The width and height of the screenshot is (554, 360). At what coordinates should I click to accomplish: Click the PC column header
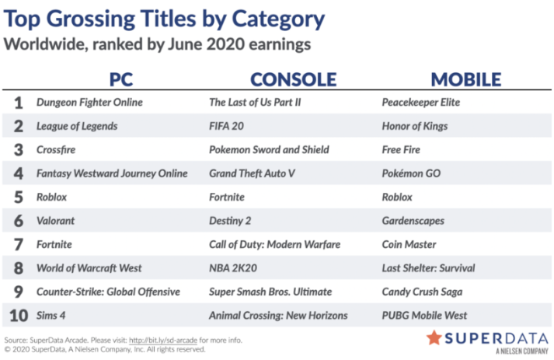[x=121, y=79]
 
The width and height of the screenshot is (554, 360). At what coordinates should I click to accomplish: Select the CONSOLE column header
[x=293, y=79]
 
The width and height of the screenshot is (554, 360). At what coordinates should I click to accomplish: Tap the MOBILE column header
[x=466, y=79]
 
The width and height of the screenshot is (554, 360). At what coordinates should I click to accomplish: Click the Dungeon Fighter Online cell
[x=89, y=102]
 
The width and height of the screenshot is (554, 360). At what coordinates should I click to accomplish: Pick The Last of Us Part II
[x=255, y=102]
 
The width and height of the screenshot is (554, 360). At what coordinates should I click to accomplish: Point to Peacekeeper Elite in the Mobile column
[x=421, y=102]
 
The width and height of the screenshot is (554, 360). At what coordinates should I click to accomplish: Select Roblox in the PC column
[x=51, y=197]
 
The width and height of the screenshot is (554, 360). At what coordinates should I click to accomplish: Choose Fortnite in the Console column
[x=227, y=197]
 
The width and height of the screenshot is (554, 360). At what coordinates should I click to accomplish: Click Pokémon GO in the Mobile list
[x=411, y=173]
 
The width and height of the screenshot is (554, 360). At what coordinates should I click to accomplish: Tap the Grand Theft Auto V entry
[x=252, y=173]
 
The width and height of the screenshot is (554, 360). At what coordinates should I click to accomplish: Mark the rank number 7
[x=19, y=244]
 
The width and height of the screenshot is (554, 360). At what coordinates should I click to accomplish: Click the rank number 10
[x=19, y=316]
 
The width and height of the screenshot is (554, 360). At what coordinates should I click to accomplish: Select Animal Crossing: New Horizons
[x=278, y=316]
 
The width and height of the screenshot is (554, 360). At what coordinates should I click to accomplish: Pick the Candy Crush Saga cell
[x=422, y=292]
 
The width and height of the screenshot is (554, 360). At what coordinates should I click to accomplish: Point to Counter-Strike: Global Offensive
[x=109, y=292]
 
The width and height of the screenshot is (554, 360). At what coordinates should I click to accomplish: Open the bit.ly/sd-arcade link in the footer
[x=163, y=341]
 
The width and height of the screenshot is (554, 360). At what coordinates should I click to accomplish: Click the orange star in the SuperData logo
[x=434, y=337]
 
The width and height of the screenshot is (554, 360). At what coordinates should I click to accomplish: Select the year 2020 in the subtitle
[x=225, y=44]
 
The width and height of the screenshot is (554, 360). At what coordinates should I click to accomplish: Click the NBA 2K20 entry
[x=233, y=268]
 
